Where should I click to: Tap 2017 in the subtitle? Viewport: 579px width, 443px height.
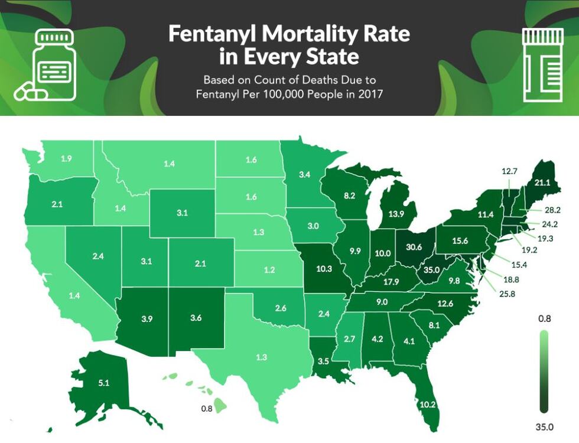[x=361, y=93]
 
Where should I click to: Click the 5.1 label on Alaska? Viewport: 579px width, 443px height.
[x=103, y=383]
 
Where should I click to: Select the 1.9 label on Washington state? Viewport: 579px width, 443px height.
[x=67, y=158]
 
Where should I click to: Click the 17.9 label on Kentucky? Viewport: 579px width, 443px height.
[x=391, y=282]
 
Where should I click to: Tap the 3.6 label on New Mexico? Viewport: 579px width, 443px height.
[x=196, y=318]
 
